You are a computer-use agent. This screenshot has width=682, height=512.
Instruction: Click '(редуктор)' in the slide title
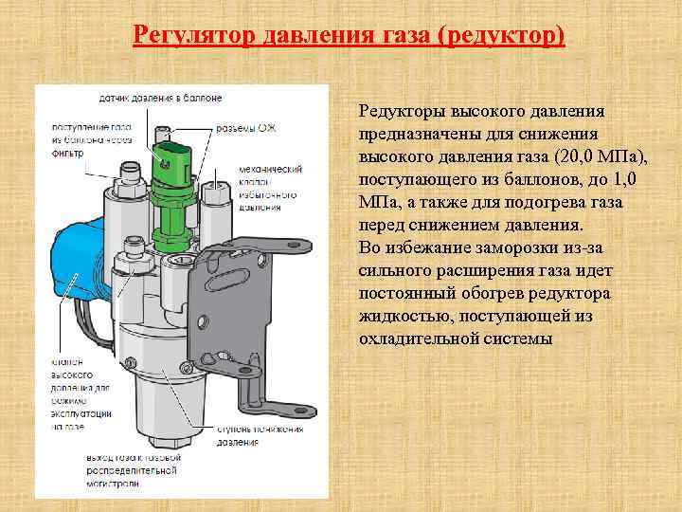510,36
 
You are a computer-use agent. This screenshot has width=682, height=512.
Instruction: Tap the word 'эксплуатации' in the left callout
81,414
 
